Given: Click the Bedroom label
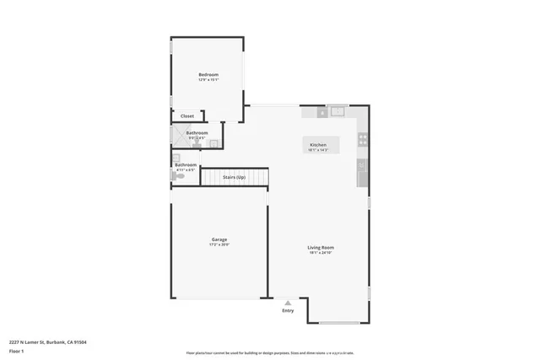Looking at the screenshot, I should pos(208,75).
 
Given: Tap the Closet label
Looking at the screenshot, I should pos(186,116).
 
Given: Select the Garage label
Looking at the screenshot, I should pos(219,240).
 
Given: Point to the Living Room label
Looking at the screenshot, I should pos(321,248).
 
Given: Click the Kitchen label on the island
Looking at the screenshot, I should pos(318,145).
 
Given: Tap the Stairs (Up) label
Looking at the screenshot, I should pos(234,177).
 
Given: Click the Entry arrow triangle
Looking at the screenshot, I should pos(289,302).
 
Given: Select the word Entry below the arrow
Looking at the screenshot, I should pos(289,309).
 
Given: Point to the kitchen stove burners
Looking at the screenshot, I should pos(364,139).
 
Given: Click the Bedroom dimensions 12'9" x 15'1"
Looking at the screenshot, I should pos(208,80).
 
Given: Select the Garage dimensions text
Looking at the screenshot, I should pos(219,245).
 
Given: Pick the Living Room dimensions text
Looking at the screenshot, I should pos(321,253).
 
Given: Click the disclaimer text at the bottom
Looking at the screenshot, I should pos(270,353).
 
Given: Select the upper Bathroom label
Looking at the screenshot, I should pos(197,132).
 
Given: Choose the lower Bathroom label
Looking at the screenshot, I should pos(186,164).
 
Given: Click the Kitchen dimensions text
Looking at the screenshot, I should pos(318,150).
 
